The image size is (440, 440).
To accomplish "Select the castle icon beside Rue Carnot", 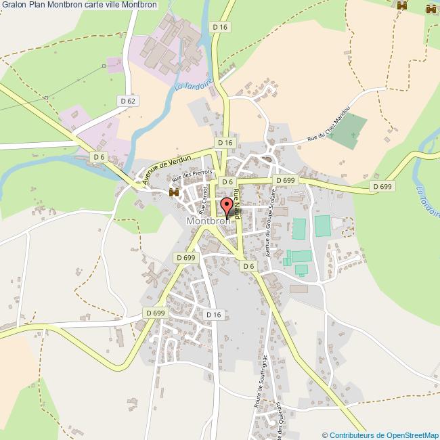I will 174,193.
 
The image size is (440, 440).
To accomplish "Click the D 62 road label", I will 128,101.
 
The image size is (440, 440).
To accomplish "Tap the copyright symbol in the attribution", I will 325,435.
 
